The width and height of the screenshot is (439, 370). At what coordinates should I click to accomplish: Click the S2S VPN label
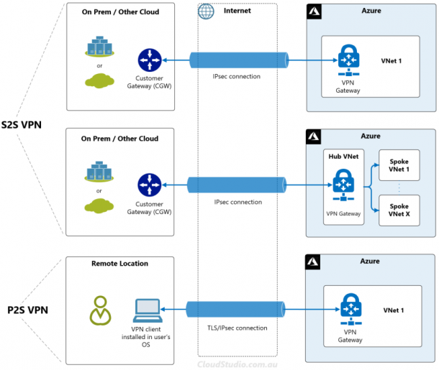[x=22, y=124]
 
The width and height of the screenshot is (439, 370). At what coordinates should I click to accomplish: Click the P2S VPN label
[x=22, y=310]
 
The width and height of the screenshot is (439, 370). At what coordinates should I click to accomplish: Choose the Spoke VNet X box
[x=398, y=211]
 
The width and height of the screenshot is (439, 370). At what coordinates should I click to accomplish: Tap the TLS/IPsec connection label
[x=240, y=328]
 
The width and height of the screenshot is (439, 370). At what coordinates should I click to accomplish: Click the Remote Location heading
[x=120, y=264]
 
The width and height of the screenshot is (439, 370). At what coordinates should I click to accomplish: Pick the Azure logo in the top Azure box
[x=314, y=12]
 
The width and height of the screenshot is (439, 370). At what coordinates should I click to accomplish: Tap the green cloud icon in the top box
[x=99, y=81]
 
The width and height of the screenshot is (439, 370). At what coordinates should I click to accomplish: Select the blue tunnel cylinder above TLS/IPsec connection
[x=237, y=310]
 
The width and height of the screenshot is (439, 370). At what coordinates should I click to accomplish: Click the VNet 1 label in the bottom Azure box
[x=394, y=310]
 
